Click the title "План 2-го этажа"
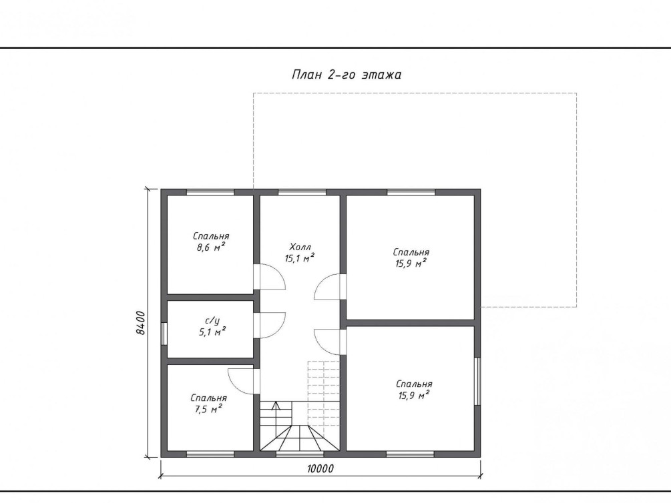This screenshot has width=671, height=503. pos(347,75)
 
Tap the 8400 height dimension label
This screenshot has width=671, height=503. pos(141,323)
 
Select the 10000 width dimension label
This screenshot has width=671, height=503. pos(320,469)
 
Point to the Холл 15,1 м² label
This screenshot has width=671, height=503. pos(300,252)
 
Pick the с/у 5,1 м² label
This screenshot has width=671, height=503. pos(212,326)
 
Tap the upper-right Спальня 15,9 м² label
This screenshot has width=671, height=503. pos(411,258)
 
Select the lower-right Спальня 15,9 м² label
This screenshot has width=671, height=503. pos(414,389)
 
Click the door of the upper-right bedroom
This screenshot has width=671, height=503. pos(330,287)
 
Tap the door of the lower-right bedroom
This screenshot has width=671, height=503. pos(330,342)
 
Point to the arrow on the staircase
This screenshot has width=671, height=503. pos(276,406)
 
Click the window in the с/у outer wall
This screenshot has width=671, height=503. pos(164,333)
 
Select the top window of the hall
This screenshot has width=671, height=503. pos(302,192)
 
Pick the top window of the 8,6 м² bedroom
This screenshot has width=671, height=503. pos(210,192)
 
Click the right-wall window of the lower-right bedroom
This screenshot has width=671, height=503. pos(477,381)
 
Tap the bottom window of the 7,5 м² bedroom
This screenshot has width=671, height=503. pos(210,454)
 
